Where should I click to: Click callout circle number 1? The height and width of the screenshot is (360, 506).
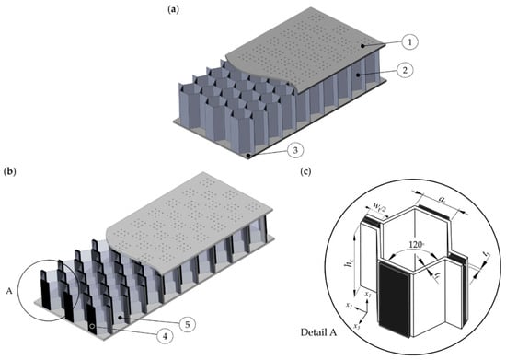[x=409, y=42]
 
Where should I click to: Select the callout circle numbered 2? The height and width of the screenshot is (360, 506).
[x=405, y=70]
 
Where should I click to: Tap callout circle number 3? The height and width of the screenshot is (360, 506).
[x=294, y=150]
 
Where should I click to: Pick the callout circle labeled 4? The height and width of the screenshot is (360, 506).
[x=166, y=336]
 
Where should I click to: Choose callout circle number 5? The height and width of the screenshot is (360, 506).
[x=188, y=324]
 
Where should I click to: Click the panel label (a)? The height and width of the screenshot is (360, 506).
[x=173, y=9]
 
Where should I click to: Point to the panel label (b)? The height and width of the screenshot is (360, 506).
[x=10, y=171]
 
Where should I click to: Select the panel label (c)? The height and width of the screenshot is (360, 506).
[x=305, y=171]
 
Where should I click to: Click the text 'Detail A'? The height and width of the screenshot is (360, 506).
[x=318, y=332]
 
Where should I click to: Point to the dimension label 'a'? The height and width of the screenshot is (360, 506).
[x=443, y=200]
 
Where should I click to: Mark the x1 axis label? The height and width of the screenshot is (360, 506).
[x=368, y=295]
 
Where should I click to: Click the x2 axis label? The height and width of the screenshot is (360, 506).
[x=349, y=305]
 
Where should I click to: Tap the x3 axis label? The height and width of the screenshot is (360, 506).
[x=357, y=326]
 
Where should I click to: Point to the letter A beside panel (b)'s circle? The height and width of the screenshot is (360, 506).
[x=9, y=291]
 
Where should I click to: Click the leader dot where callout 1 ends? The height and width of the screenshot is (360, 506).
[x=362, y=46]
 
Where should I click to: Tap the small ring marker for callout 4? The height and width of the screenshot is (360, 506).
[x=92, y=326]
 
